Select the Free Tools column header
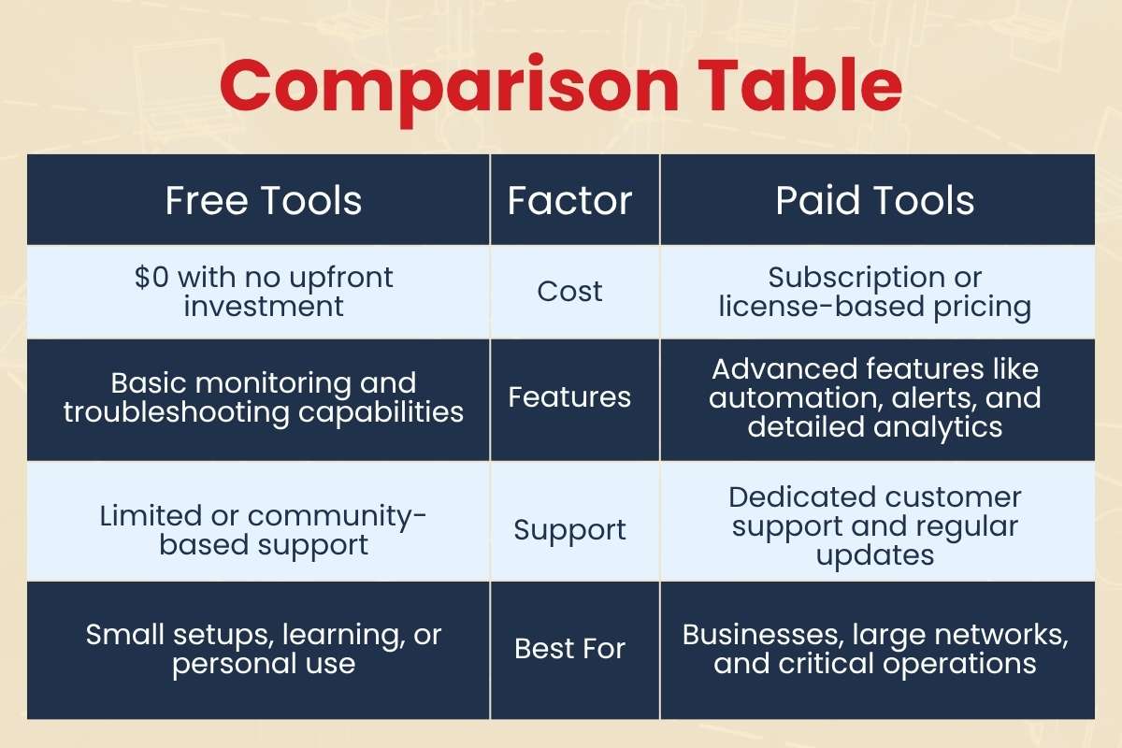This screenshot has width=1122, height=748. (264, 201)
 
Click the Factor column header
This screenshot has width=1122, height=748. (569, 201)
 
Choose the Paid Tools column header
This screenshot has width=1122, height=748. (875, 201)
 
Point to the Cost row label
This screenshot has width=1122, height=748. (569, 291)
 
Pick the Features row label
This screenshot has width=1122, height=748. (569, 397)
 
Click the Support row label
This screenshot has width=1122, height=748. (569, 530)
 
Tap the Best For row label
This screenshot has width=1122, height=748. (569, 649)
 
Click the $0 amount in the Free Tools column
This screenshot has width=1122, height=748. (153, 278)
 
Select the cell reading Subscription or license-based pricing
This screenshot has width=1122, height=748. (875, 292)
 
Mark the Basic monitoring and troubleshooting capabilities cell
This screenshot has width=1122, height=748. (264, 397)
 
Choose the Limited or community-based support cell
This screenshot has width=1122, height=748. (264, 530)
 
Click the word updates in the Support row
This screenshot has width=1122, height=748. (875, 555)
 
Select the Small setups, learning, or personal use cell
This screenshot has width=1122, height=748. (264, 649)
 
